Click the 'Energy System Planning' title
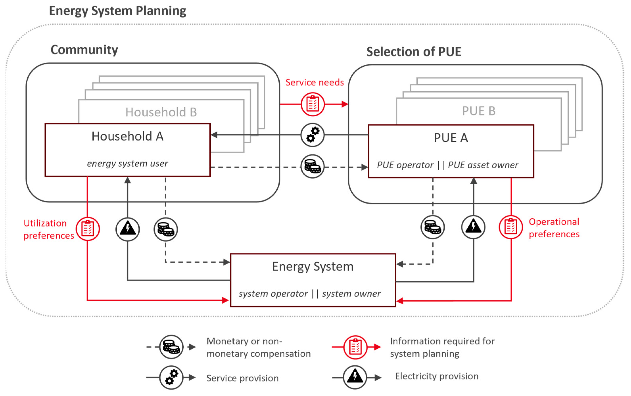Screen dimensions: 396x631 tap(117, 11)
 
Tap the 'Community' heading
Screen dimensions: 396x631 tap(84, 50)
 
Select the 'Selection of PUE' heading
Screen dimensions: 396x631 tap(413, 52)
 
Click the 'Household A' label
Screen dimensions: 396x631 tap(128, 136)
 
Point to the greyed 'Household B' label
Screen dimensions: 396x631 tap(161, 112)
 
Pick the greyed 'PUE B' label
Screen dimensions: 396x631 tap(479, 111)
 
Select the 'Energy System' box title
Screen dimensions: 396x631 tap(313, 267)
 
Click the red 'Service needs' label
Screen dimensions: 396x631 tap(315, 82)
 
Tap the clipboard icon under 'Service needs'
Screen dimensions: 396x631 tap(313, 104)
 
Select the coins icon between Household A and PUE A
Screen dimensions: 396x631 tap(313, 167)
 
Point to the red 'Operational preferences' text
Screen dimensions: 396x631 tap(554, 228)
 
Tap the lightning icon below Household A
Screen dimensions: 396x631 tap(128, 229)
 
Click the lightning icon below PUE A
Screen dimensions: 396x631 tap(473, 227)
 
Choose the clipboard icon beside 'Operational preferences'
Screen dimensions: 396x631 tap(511, 227)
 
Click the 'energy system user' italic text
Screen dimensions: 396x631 tap(128, 164)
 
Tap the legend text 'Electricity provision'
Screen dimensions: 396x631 tap(436, 376)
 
